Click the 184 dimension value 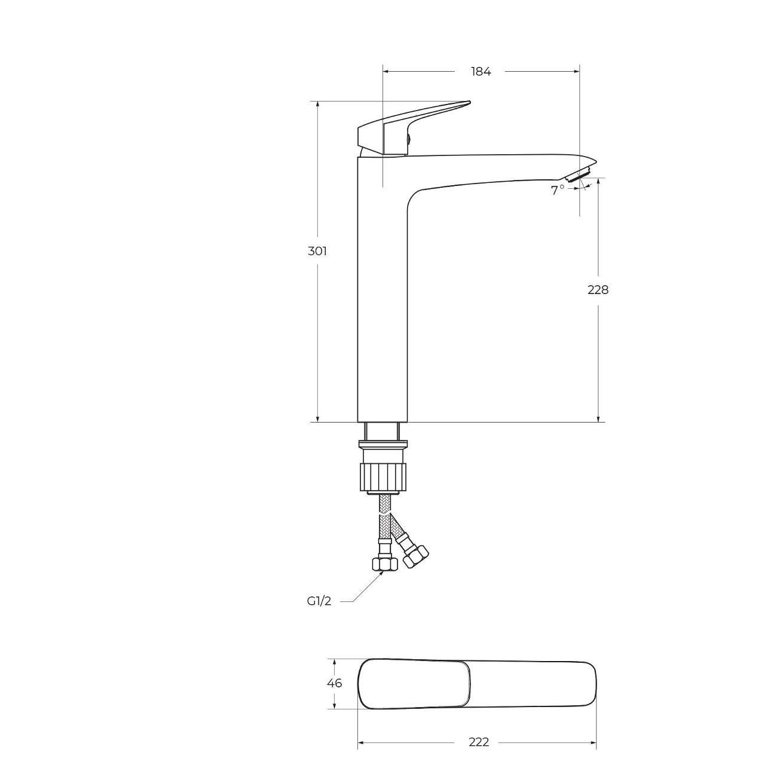click(x=481, y=72)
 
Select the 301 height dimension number click(x=317, y=251)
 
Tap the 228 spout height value click(x=598, y=290)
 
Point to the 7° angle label click(x=558, y=190)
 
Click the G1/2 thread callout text click(x=319, y=613)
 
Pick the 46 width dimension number click(x=334, y=683)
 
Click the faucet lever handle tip click(x=469, y=102)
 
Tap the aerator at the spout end click(x=580, y=175)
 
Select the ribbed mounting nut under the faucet click(x=383, y=477)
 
